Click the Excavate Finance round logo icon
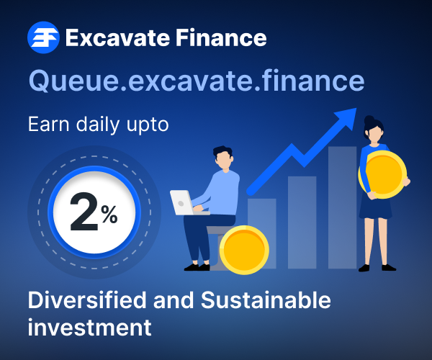(42, 37)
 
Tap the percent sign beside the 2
(109, 215)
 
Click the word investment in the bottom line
(89, 328)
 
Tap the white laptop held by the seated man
(181, 202)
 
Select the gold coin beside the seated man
(243, 250)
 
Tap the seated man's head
(224, 159)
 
